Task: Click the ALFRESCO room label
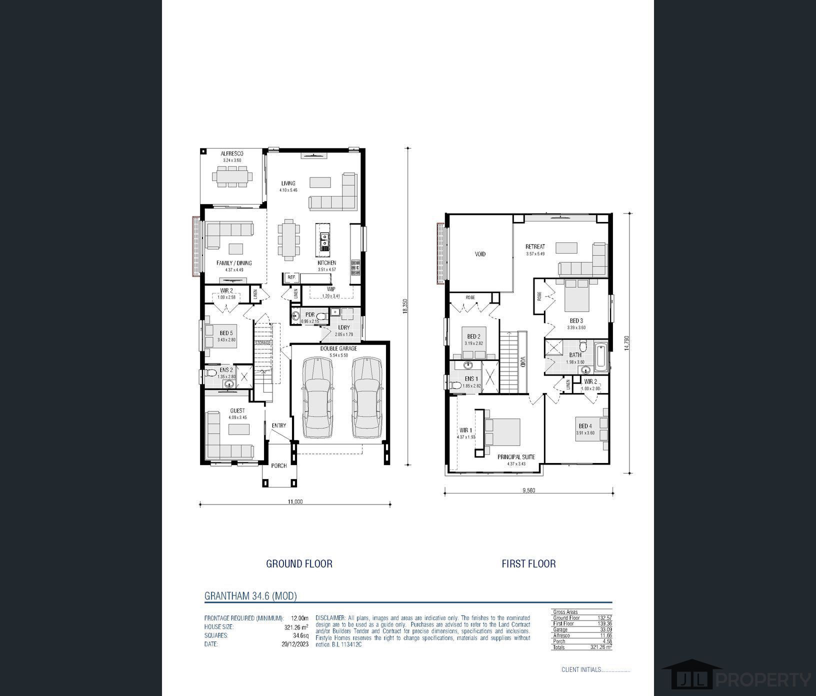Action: [x=231, y=153]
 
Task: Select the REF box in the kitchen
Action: [x=291, y=277]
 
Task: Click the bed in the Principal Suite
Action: [x=503, y=432]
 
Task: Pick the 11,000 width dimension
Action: [x=295, y=501]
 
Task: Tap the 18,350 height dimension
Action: [x=405, y=306]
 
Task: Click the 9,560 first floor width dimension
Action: [x=528, y=490]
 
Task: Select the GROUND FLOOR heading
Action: [x=299, y=563]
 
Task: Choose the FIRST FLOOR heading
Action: [x=528, y=563]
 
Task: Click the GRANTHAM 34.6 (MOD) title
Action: [x=250, y=596]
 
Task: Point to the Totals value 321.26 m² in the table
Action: [x=600, y=647]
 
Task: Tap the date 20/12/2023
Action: [x=295, y=644]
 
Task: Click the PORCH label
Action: [x=279, y=466]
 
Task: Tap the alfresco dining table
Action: [x=232, y=176]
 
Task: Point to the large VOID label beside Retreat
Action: [x=480, y=254]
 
